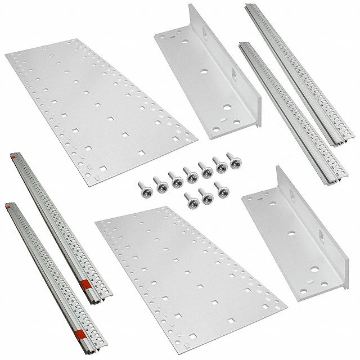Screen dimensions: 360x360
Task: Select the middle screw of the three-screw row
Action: point(206,196)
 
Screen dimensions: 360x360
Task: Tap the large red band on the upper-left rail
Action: point(87,287)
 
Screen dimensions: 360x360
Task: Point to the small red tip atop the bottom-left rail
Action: point(7,206)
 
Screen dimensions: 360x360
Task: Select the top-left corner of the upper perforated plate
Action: point(7,55)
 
